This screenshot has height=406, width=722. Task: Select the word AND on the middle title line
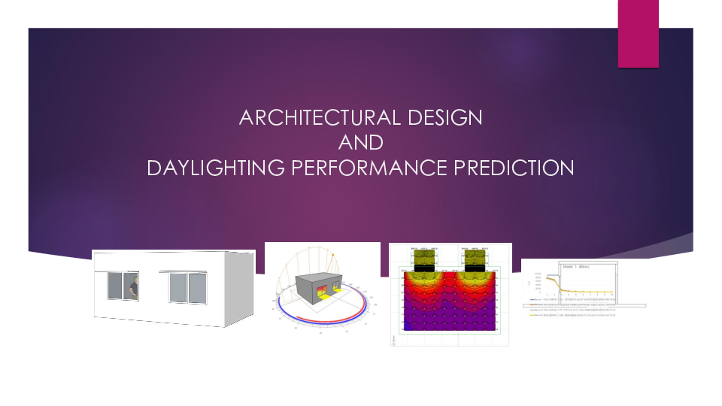point(361,142)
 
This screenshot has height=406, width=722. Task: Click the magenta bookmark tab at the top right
point(638,34)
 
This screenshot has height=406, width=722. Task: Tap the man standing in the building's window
point(134,286)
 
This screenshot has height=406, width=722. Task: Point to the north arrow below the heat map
point(393,340)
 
